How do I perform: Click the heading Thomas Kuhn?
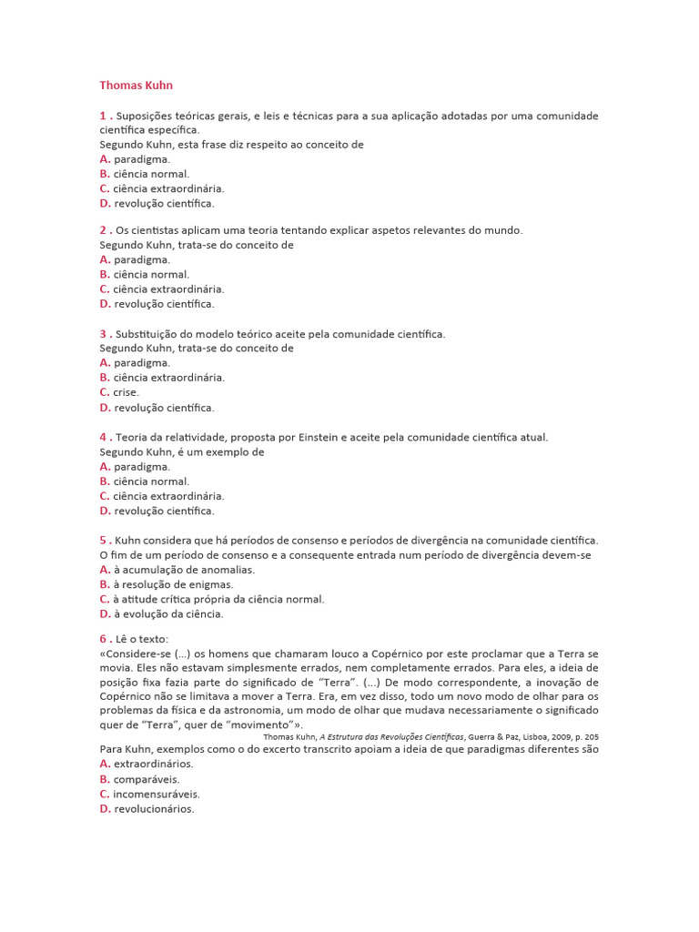click(136, 86)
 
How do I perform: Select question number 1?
click(103, 116)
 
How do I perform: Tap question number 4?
click(103, 437)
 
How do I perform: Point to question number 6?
click(103, 639)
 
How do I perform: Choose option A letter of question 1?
click(105, 158)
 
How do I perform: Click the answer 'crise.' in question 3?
click(127, 392)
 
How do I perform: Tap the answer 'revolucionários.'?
click(154, 809)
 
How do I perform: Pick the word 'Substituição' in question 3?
click(145, 334)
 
